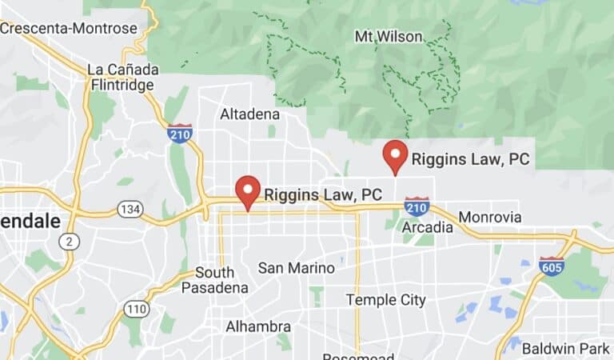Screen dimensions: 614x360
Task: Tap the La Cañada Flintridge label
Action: [x=122, y=77]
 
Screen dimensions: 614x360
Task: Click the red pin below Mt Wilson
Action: [x=396, y=157]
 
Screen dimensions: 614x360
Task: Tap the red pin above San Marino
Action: [x=249, y=192]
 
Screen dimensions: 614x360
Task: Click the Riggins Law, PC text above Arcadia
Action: [x=470, y=159]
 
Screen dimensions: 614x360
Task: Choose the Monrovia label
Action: [x=488, y=218]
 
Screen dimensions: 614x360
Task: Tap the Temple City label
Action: [x=381, y=299]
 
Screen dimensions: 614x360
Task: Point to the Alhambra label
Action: [x=257, y=326]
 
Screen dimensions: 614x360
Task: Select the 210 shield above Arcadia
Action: [x=417, y=206]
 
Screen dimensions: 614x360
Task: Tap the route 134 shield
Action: [x=130, y=210]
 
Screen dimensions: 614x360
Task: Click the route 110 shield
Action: [x=137, y=309]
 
